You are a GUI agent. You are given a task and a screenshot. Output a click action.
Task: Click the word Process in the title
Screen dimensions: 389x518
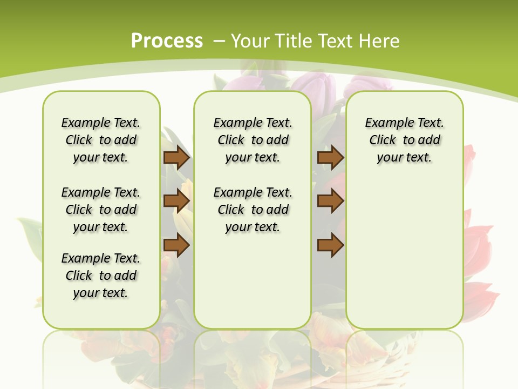tap(167, 41)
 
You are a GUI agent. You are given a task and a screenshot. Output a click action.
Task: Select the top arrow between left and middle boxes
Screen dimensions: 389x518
tap(176, 157)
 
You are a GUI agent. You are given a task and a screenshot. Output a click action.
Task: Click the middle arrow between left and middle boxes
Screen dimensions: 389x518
tap(176, 201)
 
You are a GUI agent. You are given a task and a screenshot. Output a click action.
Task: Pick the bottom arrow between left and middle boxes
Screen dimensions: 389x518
tap(176, 245)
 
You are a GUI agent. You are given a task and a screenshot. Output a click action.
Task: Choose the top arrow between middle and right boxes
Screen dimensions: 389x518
tap(330, 157)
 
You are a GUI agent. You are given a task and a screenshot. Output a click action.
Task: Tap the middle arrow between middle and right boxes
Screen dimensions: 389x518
tap(330, 201)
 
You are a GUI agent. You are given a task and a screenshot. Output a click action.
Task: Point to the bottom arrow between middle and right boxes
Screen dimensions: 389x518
tap(330, 245)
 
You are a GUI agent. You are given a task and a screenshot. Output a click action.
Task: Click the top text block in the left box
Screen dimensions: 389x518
tap(101, 140)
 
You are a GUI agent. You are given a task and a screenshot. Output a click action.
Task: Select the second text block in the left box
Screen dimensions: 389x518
tap(101, 210)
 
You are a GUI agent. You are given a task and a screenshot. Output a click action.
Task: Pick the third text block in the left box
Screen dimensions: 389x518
tap(101, 276)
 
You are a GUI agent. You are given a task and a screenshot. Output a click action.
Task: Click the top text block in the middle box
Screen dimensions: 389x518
tap(253, 140)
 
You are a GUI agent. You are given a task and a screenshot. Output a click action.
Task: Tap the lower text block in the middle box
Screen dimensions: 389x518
tap(253, 210)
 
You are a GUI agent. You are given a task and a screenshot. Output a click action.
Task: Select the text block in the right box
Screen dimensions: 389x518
tap(404, 140)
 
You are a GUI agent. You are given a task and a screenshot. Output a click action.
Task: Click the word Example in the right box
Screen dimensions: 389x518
tap(385, 123)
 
